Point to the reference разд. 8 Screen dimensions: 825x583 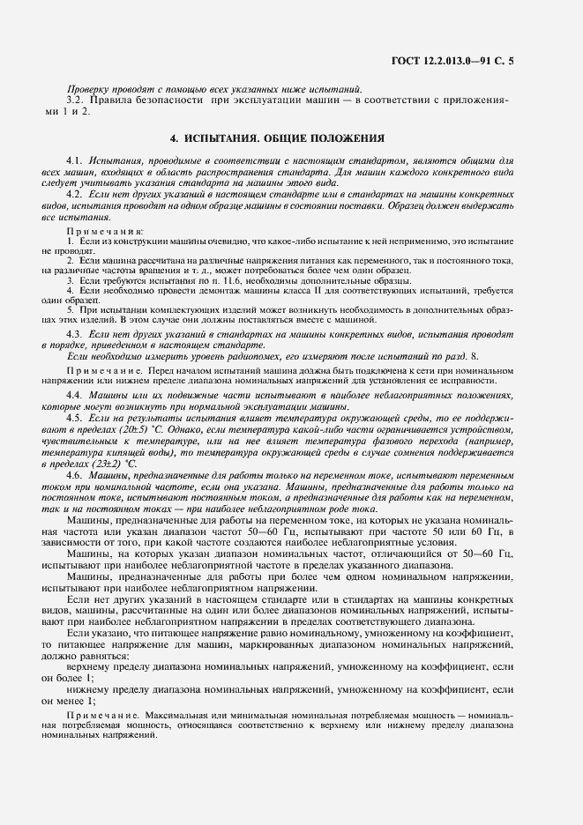[457, 354]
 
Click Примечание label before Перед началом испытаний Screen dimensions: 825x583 [99, 370]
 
